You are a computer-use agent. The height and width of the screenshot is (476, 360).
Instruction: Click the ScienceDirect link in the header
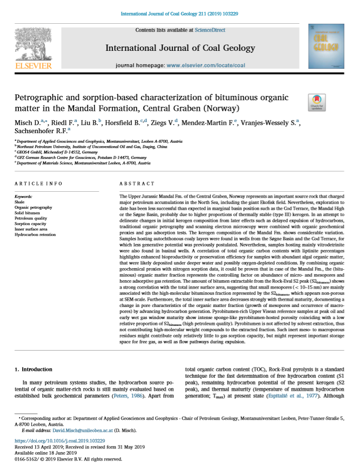pyautogui.click(x=210, y=30)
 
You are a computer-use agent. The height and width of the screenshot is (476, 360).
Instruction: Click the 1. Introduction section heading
pyautogui.click(x=34, y=369)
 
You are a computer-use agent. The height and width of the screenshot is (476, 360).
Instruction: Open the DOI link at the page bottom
pyautogui.click(x=60, y=441)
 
